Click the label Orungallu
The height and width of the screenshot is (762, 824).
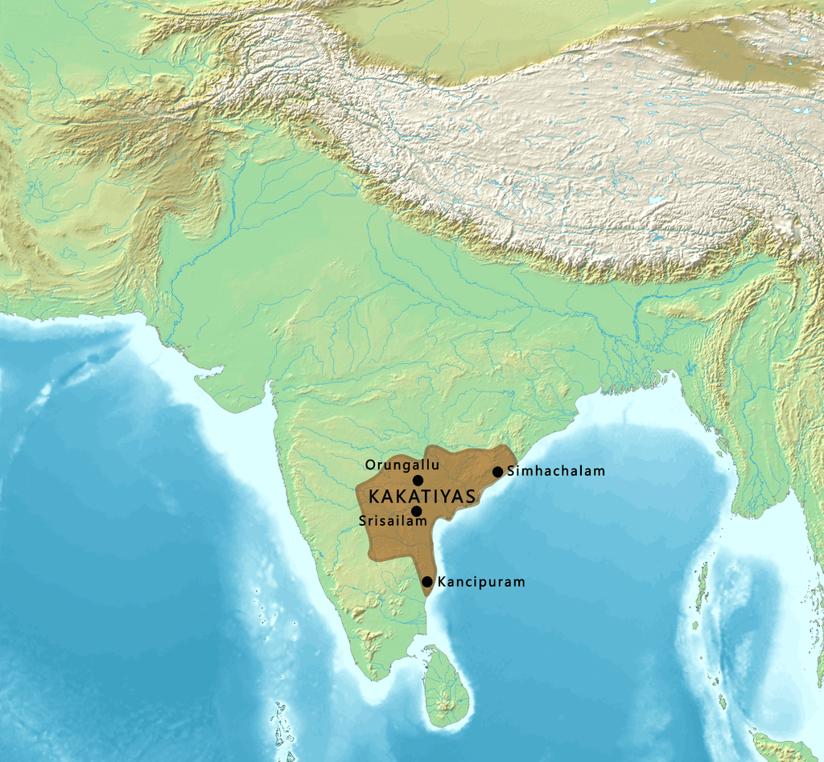402,465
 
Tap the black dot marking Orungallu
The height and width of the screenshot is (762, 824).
418,480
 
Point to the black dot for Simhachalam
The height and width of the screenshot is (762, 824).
498,472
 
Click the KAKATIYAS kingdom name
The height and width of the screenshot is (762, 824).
410,494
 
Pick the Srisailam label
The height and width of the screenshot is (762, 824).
393,522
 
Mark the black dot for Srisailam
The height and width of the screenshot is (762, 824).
416,510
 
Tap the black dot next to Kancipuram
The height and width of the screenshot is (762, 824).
427,581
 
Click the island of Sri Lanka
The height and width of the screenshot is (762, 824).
447,687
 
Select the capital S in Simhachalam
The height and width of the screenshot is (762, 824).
513,472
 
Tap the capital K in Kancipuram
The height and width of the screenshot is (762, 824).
442,581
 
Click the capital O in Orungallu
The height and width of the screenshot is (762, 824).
370,465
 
